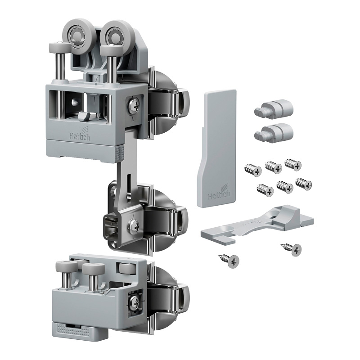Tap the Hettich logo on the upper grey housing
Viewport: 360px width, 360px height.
click(x=80, y=135)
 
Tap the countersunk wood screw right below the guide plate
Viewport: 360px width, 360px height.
click(x=292, y=249)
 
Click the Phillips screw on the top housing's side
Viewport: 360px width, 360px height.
click(x=133, y=105)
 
